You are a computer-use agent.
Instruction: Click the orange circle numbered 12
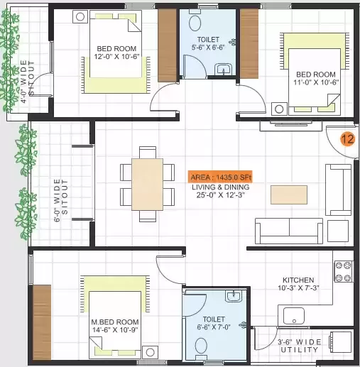tap(348, 139)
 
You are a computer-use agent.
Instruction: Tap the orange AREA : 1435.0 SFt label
tap(220, 177)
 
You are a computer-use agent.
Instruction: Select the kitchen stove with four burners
tap(344, 271)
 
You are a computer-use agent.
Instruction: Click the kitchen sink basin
tap(294, 316)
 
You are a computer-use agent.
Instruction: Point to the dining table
tap(148, 185)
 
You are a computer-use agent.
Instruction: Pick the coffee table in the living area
tap(289, 195)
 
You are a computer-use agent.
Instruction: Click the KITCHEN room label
tap(298, 280)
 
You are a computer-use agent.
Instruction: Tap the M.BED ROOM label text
tap(115, 322)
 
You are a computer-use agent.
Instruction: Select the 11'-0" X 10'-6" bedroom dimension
tap(316, 82)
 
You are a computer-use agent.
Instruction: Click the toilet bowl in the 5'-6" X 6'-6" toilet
tap(195, 23)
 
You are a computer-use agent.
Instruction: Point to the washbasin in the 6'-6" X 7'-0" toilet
tap(234, 296)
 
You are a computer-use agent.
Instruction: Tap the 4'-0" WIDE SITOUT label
tap(27, 82)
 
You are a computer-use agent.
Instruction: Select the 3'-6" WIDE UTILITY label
tap(300, 346)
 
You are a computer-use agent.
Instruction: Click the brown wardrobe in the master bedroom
tap(42, 322)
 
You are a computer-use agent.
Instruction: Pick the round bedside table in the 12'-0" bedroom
tap(80, 17)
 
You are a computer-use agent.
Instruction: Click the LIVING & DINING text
tap(221, 187)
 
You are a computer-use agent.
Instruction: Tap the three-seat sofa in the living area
tap(289, 231)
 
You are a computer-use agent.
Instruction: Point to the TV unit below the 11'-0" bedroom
tap(291, 126)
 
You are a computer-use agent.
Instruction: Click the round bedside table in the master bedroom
tap(150, 352)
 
